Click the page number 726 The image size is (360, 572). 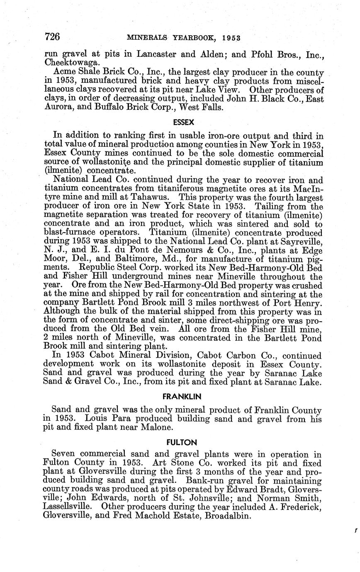pos(52,37)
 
